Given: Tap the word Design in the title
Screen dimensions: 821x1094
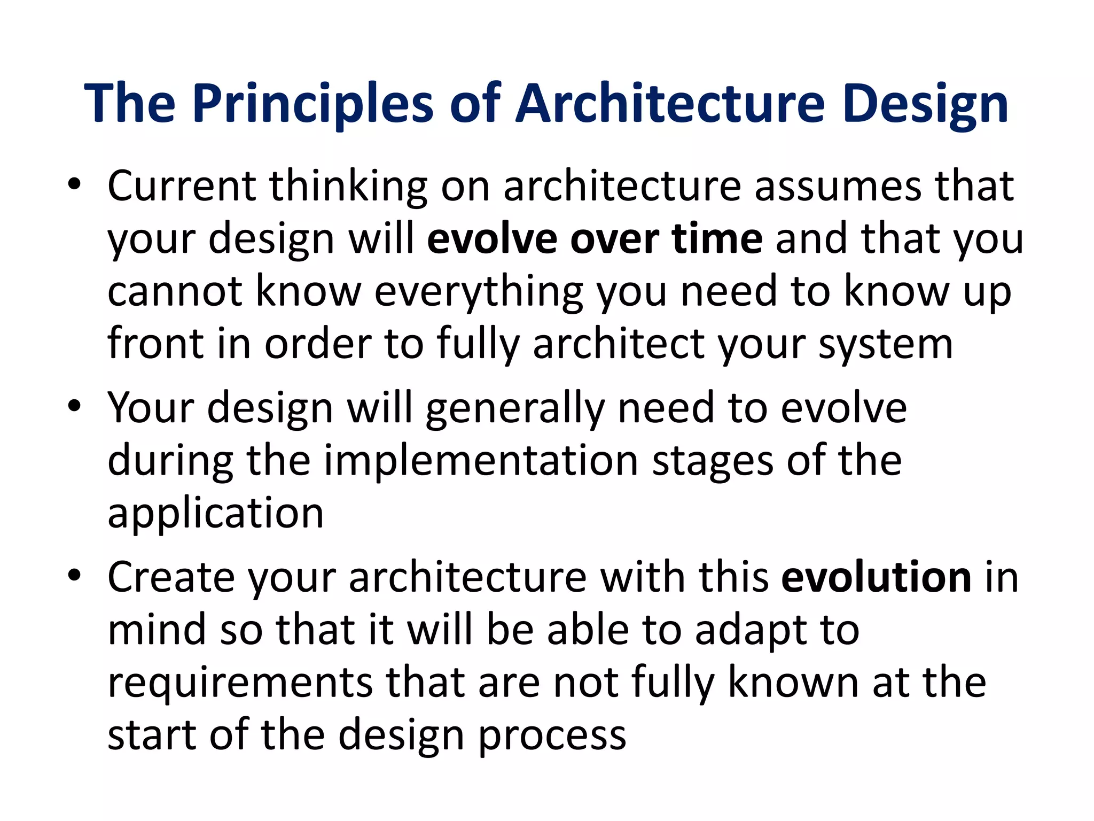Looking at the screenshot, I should [x=926, y=104].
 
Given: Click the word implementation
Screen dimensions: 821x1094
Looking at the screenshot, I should [x=481, y=461].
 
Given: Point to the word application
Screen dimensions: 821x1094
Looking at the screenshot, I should [x=215, y=513].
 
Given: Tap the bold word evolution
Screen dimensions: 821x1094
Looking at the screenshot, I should [x=876, y=577].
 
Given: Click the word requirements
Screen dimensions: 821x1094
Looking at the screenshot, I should [x=240, y=683].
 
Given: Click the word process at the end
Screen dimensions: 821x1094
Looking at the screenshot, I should [x=551, y=735].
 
